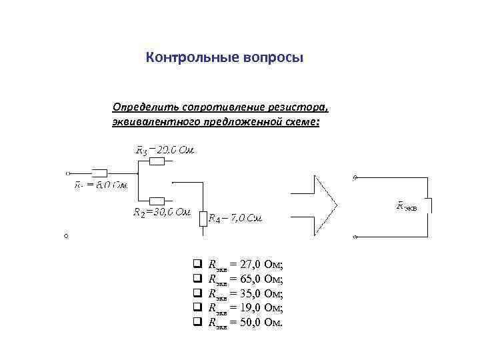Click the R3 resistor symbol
click(x=157, y=161)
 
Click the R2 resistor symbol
click(x=157, y=200)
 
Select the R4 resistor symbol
click(x=203, y=217)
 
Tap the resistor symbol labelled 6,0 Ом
click(x=99, y=171)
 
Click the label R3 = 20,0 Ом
click(x=165, y=150)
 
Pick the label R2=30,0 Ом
click(x=162, y=213)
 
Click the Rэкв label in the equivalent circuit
click(x=406, y=207)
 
